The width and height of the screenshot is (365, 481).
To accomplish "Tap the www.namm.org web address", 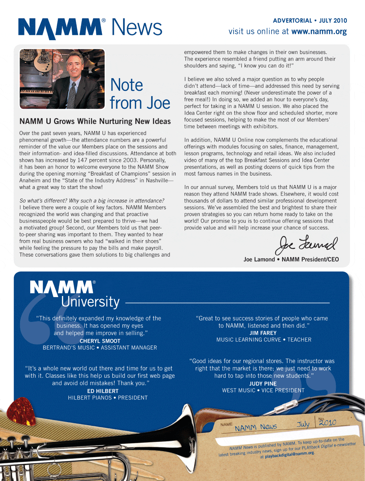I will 319,32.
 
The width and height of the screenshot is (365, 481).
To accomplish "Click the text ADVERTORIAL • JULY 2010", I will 310,21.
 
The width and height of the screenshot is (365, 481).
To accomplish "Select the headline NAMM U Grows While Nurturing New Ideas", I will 95,122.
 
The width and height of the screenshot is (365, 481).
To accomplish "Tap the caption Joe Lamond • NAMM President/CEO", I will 291,259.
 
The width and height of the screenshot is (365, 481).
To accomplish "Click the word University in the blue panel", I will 90,302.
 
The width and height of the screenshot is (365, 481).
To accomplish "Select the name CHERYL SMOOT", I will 100,341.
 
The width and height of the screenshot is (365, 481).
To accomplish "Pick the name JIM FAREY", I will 263,333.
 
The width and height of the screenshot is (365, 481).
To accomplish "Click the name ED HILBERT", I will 103,391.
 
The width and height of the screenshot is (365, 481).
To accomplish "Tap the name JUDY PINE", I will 263,384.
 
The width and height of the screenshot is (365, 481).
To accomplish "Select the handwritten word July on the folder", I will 303,424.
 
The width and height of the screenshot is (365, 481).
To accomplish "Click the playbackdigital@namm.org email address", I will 289,454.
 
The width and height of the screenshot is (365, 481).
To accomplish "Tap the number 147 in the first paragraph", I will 83,160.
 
